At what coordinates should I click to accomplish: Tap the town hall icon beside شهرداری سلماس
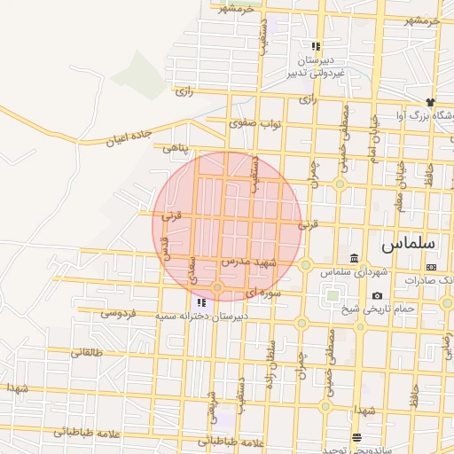355,258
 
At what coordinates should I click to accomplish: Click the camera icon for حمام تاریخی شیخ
378,295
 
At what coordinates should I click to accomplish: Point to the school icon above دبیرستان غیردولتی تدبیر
315,46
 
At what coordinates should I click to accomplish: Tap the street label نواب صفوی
255,123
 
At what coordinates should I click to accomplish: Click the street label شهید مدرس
249,262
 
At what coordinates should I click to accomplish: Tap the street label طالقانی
86,352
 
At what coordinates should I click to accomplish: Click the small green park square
333,294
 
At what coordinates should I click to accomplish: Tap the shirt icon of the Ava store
431,103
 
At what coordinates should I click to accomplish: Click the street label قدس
164,244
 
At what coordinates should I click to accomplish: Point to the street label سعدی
192,269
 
